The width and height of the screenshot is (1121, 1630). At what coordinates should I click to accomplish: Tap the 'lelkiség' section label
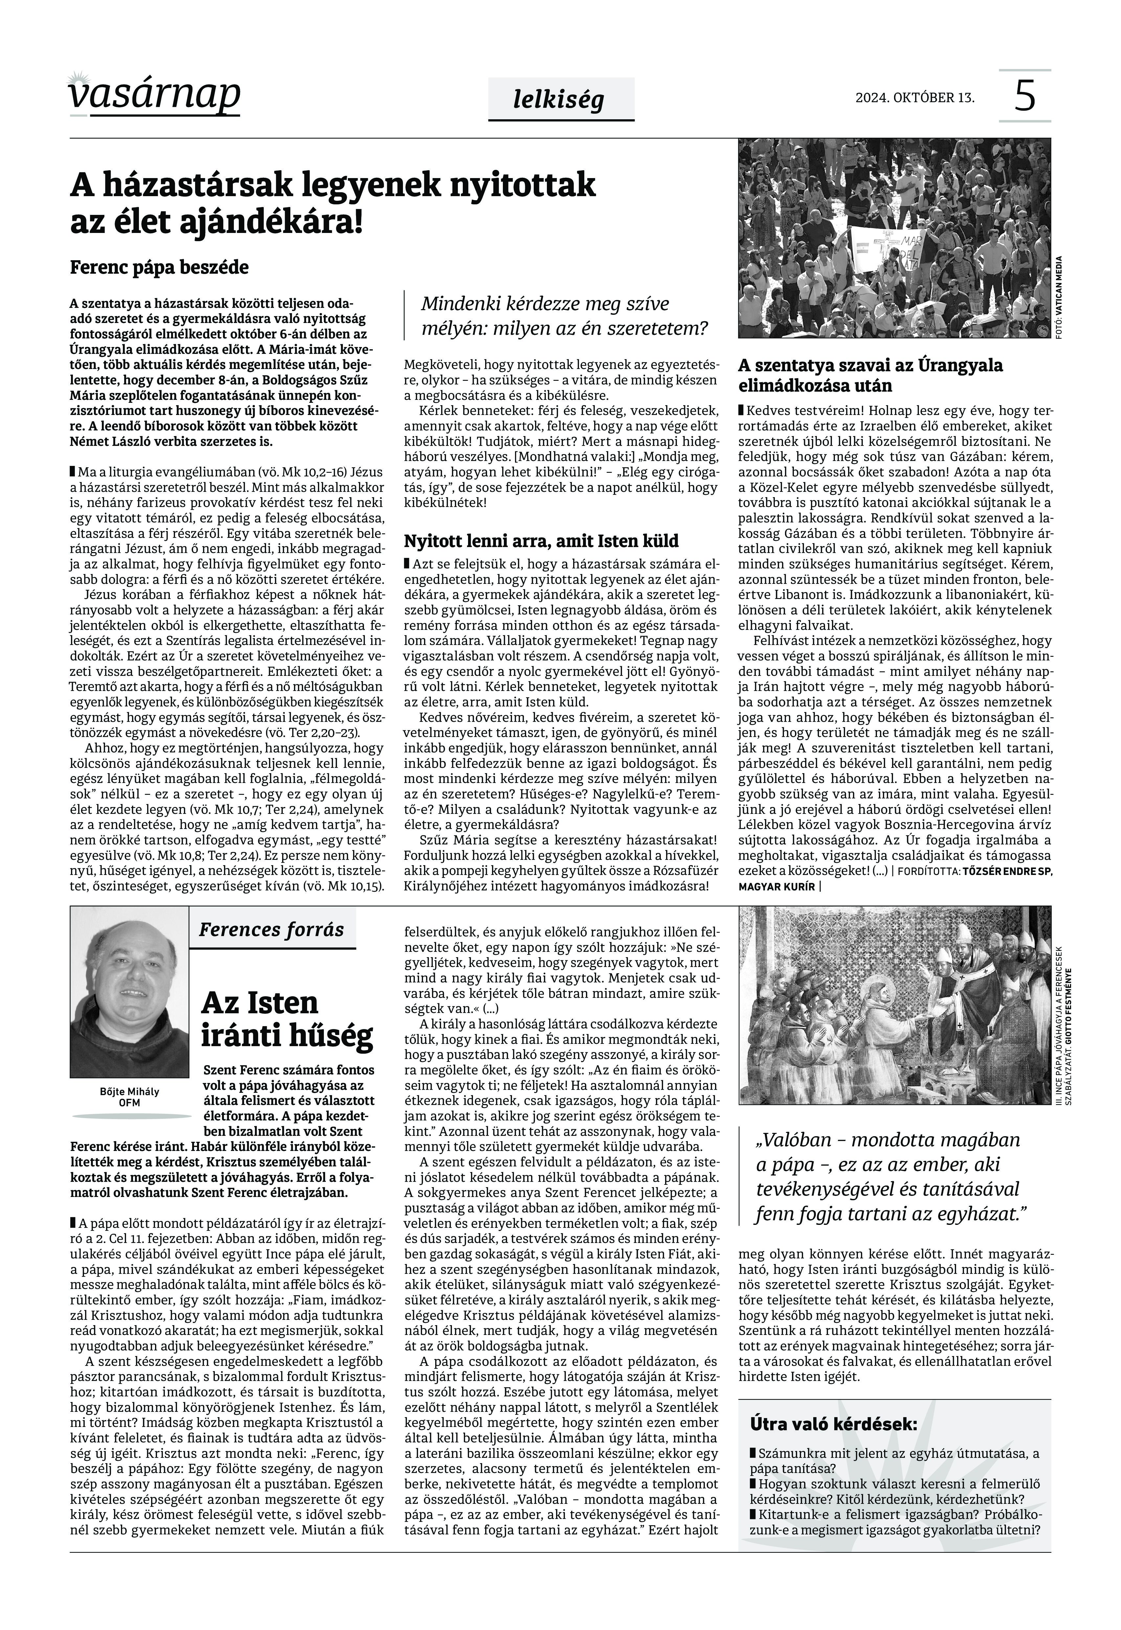click(x=558, y=100)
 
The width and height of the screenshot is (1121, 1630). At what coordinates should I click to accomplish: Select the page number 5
click(x=1025, y=96)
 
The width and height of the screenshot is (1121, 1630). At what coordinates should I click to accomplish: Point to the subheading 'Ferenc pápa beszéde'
click(x=159, y=268)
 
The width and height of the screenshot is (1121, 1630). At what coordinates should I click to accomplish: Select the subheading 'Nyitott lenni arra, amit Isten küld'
click(x=541, y=541)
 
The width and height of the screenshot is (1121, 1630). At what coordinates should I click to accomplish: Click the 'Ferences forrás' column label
click(x=271, y=930)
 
